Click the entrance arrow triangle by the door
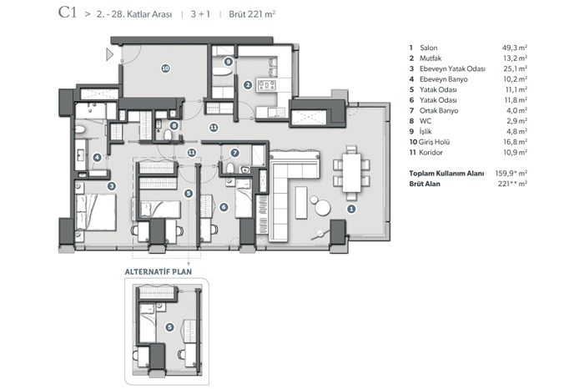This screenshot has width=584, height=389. click(109, 54)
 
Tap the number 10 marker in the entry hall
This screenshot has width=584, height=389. click(165, 68)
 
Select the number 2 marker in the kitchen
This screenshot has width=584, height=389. click(248, 85)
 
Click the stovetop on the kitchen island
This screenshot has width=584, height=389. click(267, 85)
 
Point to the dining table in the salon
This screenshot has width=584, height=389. click(351, 173)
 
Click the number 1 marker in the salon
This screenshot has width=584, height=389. click(351, 209)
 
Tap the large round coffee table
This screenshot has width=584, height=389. click(323, 208)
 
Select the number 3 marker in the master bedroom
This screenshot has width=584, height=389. click(111, 186)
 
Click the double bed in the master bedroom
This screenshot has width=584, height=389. click(96, 212)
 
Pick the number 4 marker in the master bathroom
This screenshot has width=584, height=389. click(98, 157)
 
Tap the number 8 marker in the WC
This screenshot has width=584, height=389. click(174, 126)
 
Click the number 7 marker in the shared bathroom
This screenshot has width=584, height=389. click(234, 153)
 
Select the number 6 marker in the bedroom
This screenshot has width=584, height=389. click(224, 207)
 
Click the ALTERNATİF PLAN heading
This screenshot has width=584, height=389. click(159, 271)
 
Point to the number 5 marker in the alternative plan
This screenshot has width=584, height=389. click(169, 327)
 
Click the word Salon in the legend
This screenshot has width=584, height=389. click(428, 48)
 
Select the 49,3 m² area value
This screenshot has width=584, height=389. click(515, 48)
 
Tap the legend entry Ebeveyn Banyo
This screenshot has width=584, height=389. click(444, 79)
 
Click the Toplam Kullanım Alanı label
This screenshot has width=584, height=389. click(446, 174)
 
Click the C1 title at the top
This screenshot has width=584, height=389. click(68, 13)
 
